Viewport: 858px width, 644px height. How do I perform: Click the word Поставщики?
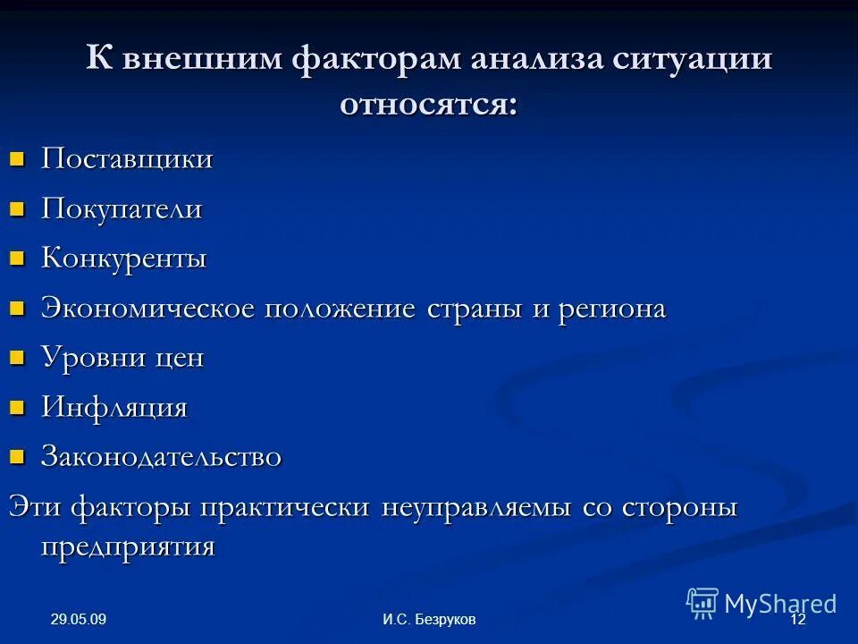pos(127,160)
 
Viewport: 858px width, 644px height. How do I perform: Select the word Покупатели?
pos(122,210)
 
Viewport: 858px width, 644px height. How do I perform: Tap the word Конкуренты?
pos(124,259)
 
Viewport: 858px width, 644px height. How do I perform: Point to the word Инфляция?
pos(114,408)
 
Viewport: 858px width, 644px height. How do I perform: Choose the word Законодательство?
pos(162,457)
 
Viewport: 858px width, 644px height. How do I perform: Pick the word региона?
pos(612,309)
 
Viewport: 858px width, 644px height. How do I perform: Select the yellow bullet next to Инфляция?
pos(15,409)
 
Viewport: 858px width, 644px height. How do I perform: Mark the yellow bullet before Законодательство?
pos(15,458)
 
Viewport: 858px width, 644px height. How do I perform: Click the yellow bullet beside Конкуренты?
pos(15,260)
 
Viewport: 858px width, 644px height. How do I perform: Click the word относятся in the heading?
pos(428,105)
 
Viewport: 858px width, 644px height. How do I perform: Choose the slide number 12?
pos(798,621)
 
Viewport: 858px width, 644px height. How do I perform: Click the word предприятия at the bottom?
pos(128,546)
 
